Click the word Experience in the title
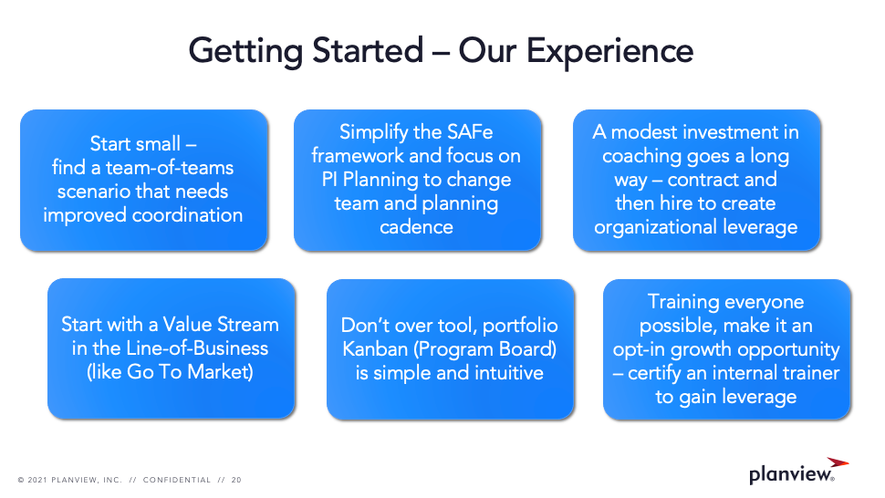pos(609,52)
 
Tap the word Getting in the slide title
pos(245,52)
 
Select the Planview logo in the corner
pos(798,471)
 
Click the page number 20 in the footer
pos(236,480)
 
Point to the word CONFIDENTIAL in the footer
pos(177,480)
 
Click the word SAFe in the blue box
pos(470,132)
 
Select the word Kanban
pos(375,349)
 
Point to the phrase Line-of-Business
pos(197,348)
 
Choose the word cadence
pos(417,227)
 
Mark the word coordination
pos(187,215)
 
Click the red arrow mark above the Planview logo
pos(838,462)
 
